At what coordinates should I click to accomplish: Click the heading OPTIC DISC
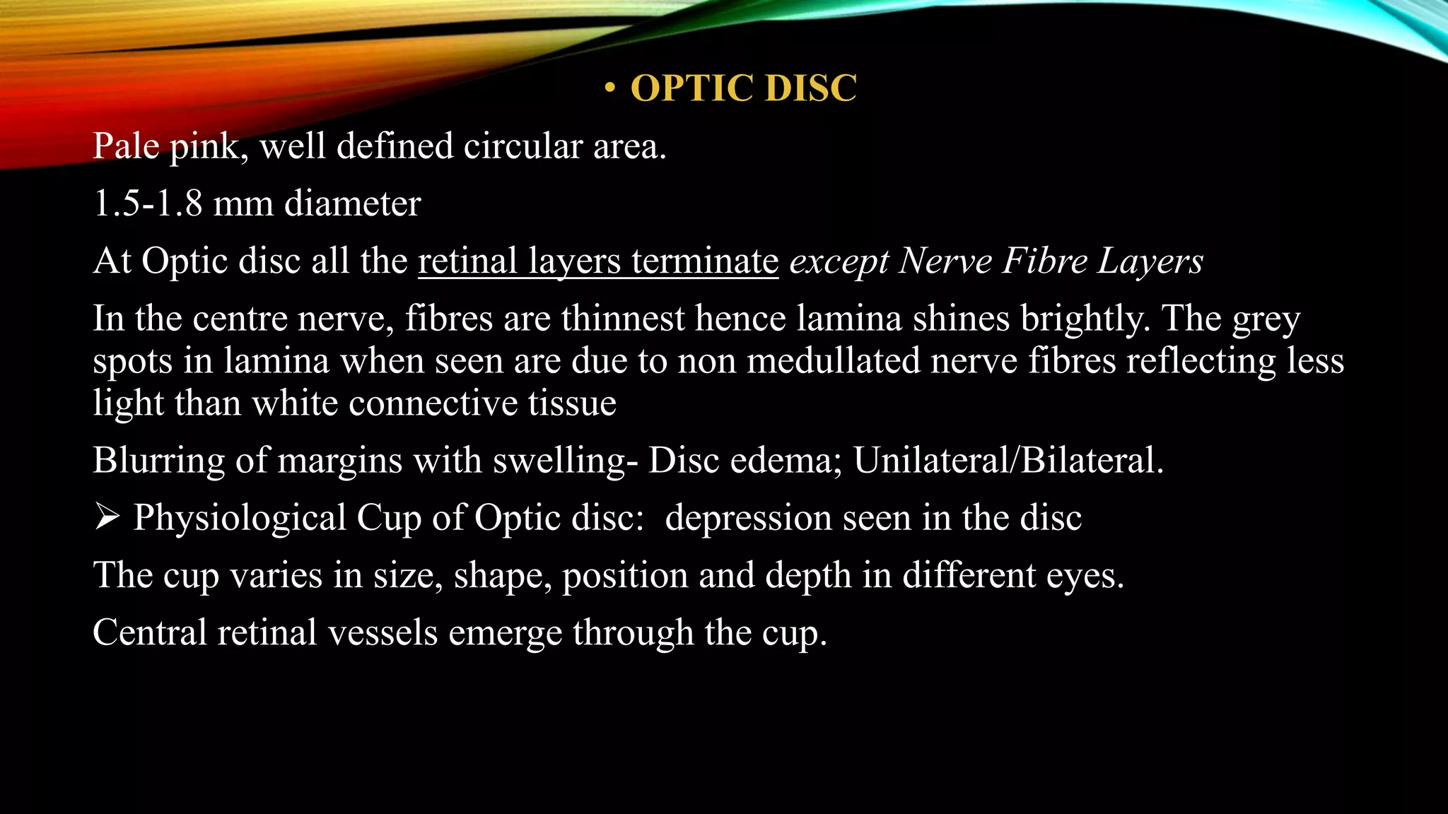pyautogui.click(x=743, y=88)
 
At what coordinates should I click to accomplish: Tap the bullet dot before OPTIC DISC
pyautogui.click(x=610, y=89)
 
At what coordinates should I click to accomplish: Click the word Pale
pyautogui.click(x=127, y=146)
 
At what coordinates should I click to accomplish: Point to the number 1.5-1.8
pyautogui.click(x=148, y=203)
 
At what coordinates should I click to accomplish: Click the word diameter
pyautogui.click(x=352, y=203)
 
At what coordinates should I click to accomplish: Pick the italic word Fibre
pyautogui.click(x=1044, y=261)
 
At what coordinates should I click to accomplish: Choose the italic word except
pyautogui.click(x=839, y=262)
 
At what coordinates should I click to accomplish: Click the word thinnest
pyautogui.click(x=622, y=318)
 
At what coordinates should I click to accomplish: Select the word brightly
pyautogui.click(x=1080, y=319)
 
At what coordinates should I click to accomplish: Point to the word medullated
pyautogui.click(x=832, y=360)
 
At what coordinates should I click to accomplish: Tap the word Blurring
pyautogui.click(x=159, y=461)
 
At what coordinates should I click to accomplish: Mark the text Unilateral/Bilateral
pyautogui.click(x=1008, y=460)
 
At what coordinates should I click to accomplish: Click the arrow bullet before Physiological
pyautogui.click(x=107, y=518)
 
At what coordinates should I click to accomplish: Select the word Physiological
pyautogui.click(x=240, y=519)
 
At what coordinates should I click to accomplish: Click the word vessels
pyautogui.click(x=383, y=632)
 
